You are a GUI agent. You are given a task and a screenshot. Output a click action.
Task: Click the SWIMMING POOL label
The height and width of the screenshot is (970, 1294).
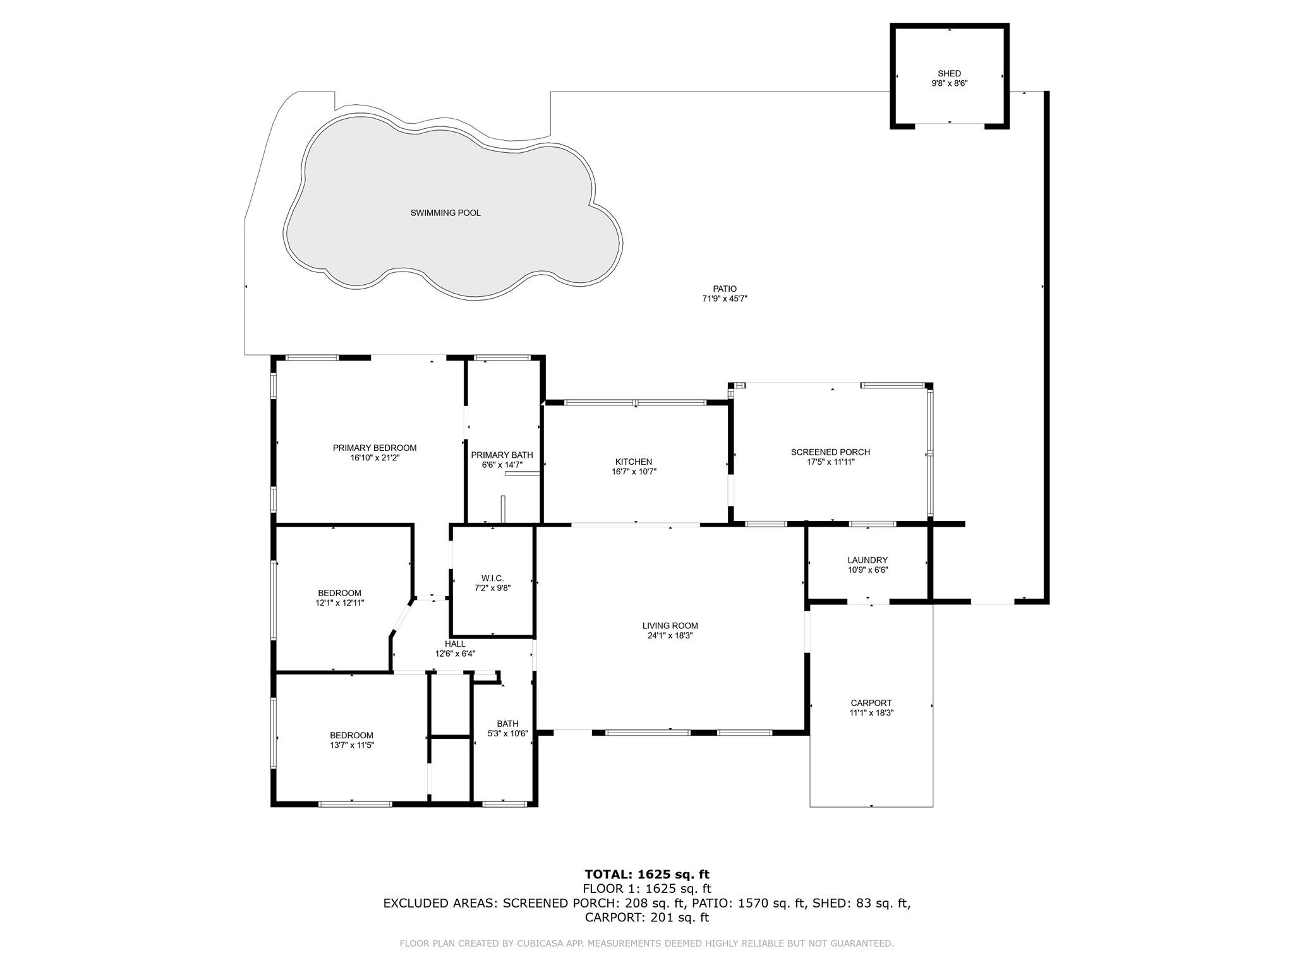(x=445, y=213)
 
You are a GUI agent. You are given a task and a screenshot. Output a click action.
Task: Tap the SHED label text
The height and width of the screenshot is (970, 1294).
(x=949, y=73)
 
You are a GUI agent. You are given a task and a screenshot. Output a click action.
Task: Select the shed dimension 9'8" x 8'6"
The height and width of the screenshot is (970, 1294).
(x=949, y=83)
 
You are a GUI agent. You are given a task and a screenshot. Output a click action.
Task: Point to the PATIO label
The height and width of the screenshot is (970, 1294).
(x=725, y=289)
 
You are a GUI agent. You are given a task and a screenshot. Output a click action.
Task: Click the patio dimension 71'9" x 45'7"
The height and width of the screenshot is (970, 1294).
(x=725, y=299)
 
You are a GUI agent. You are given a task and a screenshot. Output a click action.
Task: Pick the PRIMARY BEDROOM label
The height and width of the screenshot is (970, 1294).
(x=375, y=448)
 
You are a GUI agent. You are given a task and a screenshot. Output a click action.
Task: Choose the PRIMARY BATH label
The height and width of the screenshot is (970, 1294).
(x=502, y=455)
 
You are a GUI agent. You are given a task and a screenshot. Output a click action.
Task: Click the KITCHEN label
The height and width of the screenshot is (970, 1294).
(x=633, y=462)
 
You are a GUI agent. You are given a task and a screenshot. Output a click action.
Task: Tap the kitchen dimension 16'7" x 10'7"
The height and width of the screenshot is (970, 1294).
(x=633, y=472)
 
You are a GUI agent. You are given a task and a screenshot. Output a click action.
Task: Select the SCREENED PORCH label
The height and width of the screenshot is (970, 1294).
(x=830, y=452)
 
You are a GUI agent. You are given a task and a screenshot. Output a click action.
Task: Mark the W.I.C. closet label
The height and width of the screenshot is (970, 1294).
(x=492, y=578)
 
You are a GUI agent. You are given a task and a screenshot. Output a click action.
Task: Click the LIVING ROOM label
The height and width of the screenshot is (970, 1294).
(x=670, y=626)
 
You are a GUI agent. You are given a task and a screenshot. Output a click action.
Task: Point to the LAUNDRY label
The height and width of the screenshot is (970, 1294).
(x=868, y=560)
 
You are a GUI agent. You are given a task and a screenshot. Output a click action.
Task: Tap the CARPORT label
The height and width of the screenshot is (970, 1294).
(x=871, y=703)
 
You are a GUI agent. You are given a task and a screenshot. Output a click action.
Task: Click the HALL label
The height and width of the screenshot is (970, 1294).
(x=455, y=644)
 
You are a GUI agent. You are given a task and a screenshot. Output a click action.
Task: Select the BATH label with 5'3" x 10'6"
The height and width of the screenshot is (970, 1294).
(x=507, y=724)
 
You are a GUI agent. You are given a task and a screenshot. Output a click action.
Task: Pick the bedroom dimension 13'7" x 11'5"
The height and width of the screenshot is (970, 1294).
(x=351, y=745)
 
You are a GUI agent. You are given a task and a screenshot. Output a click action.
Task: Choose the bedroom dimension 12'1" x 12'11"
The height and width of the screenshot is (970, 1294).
(x=339, y=603)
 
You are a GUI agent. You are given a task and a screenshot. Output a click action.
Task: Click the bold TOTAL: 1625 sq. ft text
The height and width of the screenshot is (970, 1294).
(x=647, y=875)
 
